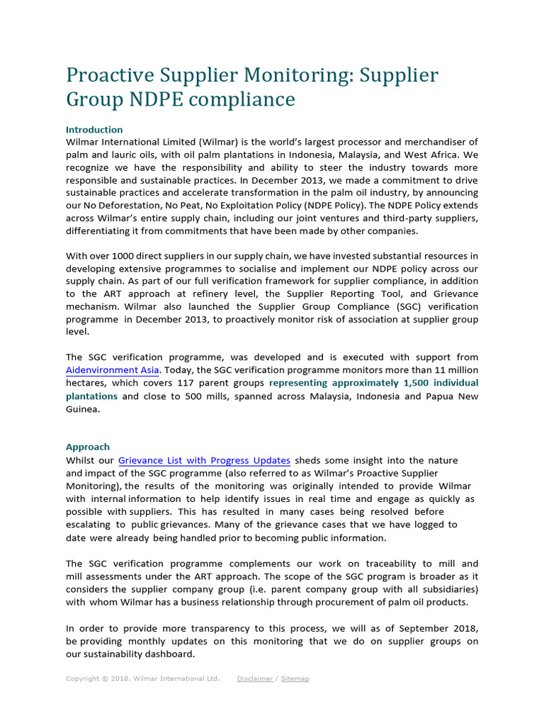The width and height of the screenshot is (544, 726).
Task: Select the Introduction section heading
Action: click(94, 130)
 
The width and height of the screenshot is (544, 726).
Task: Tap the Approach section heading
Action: click(88, 447)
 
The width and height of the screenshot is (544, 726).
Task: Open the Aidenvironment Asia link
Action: click(112, 370)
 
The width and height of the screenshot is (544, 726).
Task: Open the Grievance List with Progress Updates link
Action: click(204, 460)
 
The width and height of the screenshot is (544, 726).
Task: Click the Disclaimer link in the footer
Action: click(254, 678)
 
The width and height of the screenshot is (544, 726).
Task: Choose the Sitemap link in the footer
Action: click(295, 678)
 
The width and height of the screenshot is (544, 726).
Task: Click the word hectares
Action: click(86, 383)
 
